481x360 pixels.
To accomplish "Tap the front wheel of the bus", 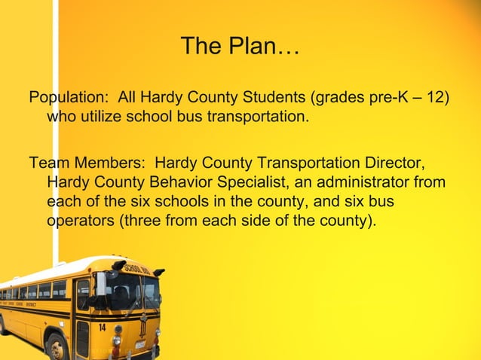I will coord(57,347).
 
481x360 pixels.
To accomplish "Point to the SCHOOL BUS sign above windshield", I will coord(135,268).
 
